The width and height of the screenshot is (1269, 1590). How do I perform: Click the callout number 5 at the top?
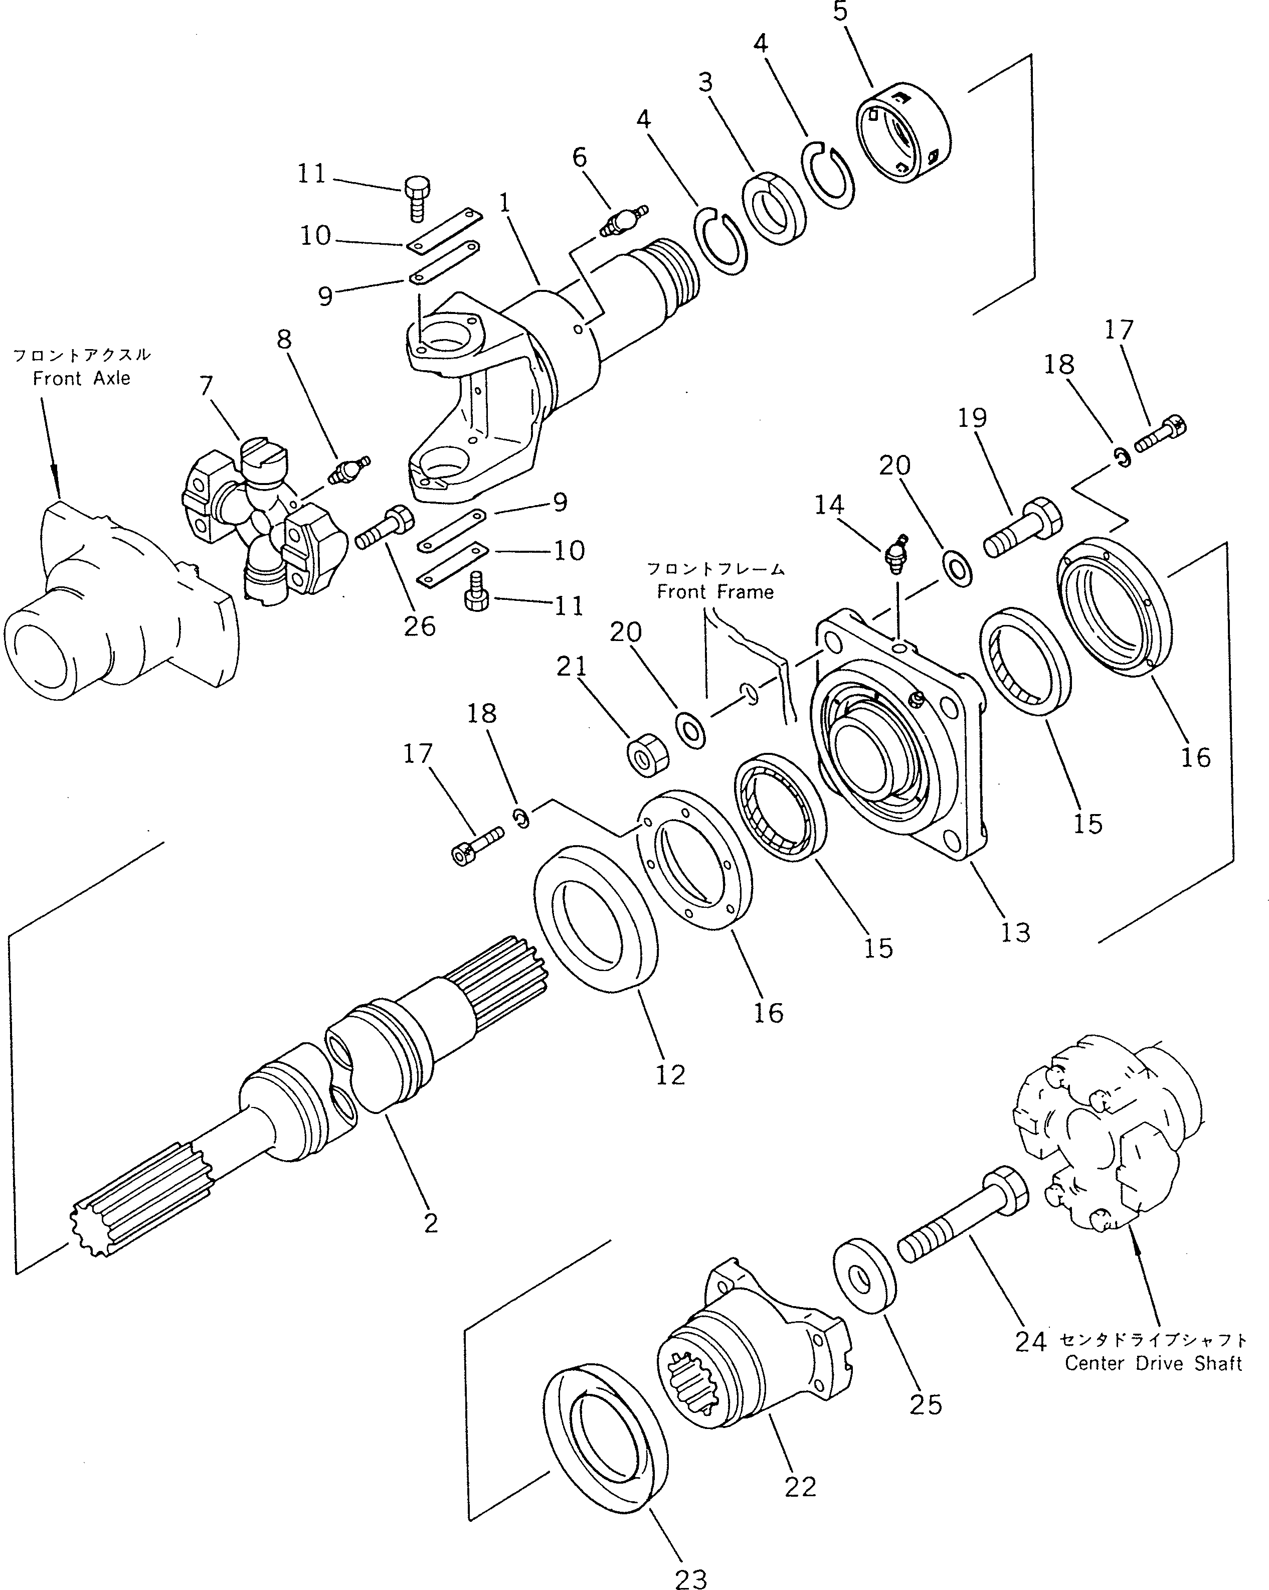point(840,13)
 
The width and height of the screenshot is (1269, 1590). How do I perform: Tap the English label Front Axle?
point(81,378)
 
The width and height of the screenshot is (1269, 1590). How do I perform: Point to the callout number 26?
point(420,626)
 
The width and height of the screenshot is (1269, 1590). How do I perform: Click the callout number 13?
point(1015,932)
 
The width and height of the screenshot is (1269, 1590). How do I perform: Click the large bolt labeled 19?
point(1023,528)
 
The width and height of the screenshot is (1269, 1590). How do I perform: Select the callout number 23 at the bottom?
point(690,1578)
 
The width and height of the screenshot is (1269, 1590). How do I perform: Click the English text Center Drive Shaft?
point(1153,1364)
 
